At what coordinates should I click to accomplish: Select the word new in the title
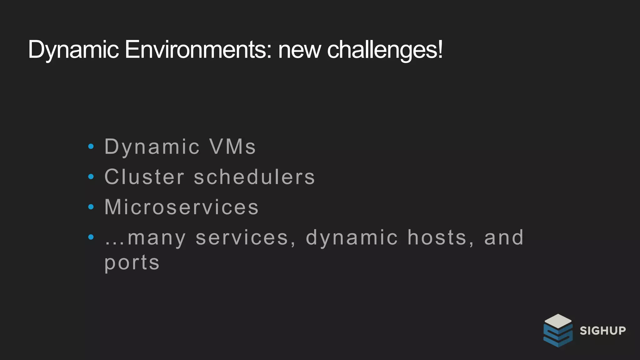point(299,50)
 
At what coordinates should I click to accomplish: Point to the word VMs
point(233,147)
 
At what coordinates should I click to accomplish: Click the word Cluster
point(144,177)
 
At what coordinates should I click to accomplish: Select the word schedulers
point(254,177)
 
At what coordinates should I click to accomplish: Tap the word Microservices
point(182,207)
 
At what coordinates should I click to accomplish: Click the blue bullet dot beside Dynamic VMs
point(91,146)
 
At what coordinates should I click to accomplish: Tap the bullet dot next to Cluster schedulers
point(91,177)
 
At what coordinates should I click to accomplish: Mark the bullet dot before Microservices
point(91,207)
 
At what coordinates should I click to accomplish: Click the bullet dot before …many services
point(91,237)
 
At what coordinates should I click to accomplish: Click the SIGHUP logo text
point(603,331)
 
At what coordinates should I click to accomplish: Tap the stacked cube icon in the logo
point(558,331)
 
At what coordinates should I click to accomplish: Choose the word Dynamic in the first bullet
point(152,147)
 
